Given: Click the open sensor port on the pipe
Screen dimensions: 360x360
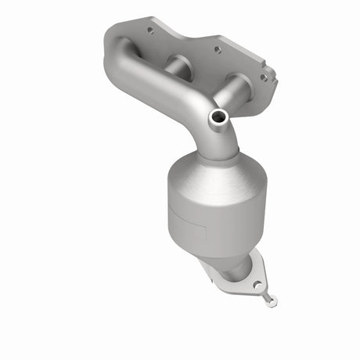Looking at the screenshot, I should [x=218, y=117].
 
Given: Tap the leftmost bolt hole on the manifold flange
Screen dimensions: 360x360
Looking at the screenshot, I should [x=149, y=31].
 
